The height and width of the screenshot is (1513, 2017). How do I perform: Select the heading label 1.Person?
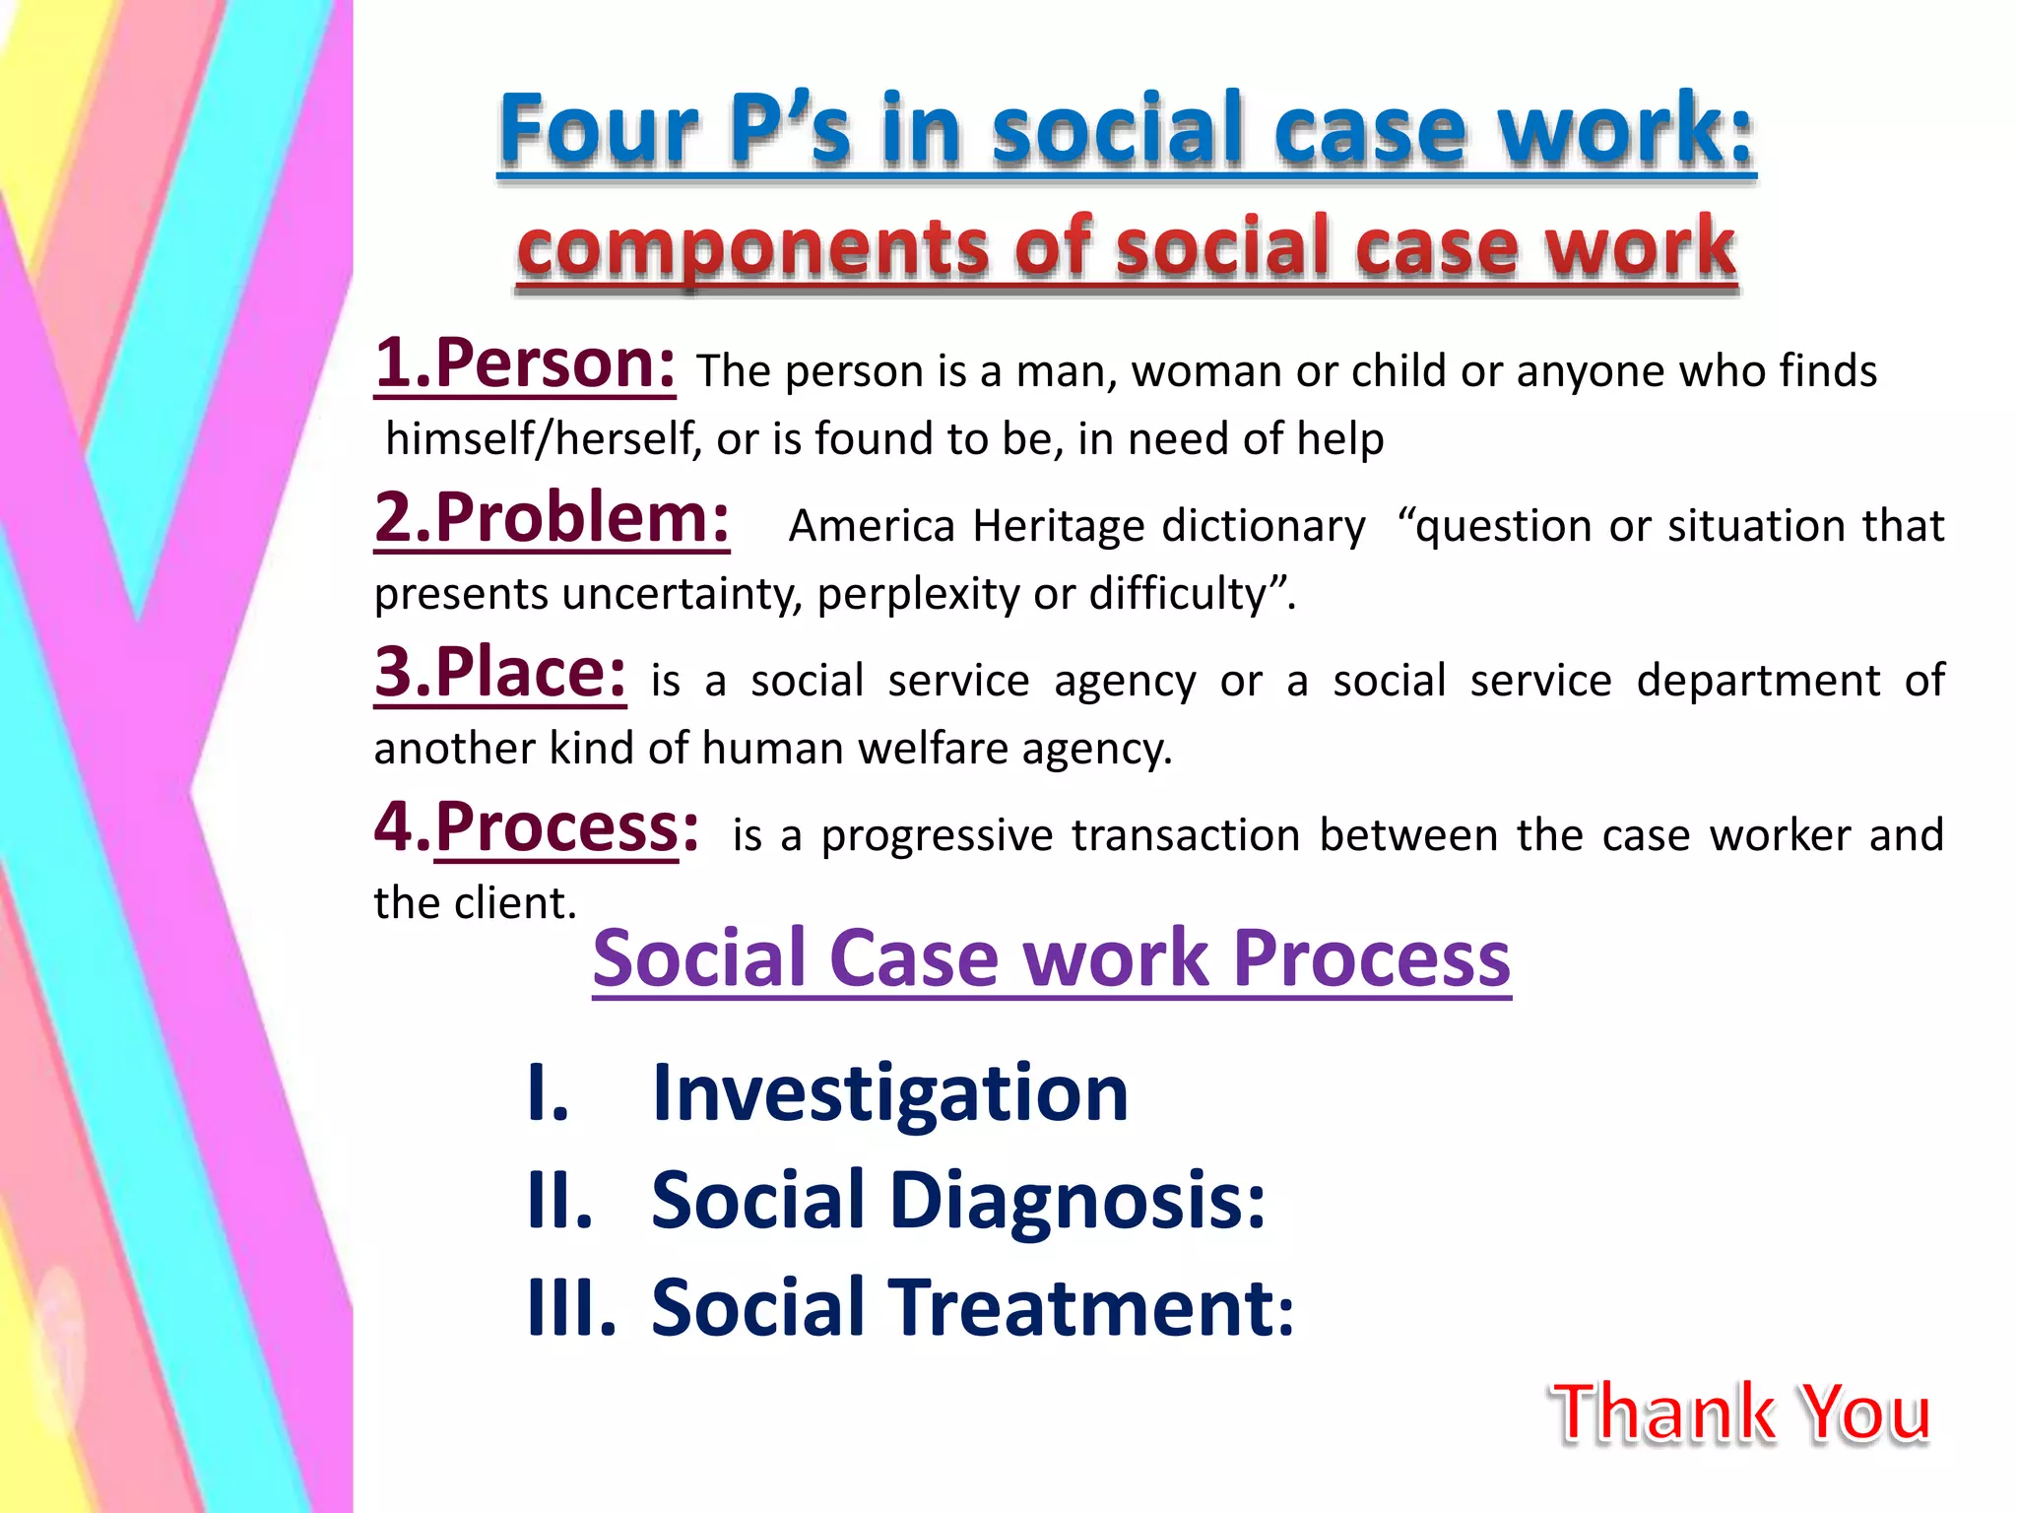525,364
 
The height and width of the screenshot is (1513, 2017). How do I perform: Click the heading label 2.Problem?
552,519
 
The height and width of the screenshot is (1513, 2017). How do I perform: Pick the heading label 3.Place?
500,674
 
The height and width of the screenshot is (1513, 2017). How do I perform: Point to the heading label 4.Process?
538,828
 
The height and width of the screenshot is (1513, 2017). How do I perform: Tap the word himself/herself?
543,439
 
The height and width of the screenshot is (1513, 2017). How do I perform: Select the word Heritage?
1058,526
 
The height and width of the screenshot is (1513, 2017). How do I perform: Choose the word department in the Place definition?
1759,681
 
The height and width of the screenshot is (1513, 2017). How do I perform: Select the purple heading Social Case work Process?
1051,958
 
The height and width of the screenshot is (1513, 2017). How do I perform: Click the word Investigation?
889,1093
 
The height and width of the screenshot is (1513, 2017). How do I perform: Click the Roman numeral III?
571,1308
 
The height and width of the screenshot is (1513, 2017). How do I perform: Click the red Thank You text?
1741,1413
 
